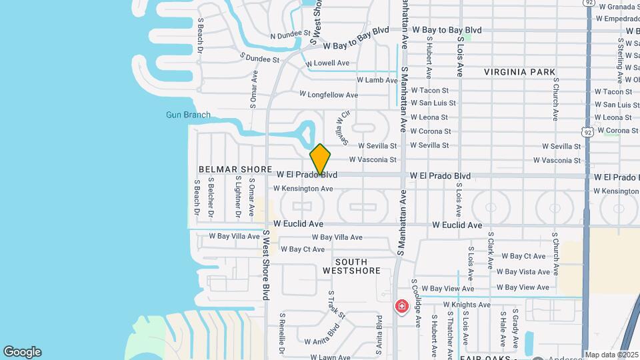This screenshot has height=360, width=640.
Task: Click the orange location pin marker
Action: [x=320, y=160]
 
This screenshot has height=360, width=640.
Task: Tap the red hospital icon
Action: [x=402, y=306]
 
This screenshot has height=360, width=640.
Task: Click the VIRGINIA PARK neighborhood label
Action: [x=520, y=72]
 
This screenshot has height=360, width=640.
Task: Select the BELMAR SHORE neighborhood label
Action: [x=235, y=170]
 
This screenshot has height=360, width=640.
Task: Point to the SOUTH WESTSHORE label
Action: [x=351, y=267]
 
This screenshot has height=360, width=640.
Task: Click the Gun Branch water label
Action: [x=188, y=115]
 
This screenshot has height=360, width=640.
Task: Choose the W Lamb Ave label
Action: [x=377, y=80]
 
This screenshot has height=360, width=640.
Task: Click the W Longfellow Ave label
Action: [x=329, y=95]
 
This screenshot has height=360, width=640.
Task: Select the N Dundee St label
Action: [x=290, y=35]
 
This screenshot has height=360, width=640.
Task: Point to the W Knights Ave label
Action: [x=467, y=305]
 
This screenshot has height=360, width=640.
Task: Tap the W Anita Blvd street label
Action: [x=323, y=333]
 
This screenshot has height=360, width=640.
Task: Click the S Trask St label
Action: [x=337, y=305]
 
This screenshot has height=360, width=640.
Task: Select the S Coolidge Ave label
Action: [x=416, y=302]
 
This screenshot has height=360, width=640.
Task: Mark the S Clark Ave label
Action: [x=490, y=253]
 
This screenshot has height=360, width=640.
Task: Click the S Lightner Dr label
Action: [x=237, y=197]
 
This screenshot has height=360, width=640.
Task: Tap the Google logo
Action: [x=22, y=352]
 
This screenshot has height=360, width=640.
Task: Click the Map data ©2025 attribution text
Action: [x=611, y=355]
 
